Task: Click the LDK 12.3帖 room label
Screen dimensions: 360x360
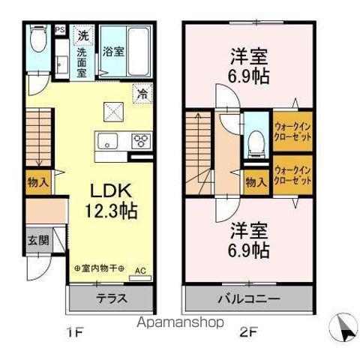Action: pos(114,201)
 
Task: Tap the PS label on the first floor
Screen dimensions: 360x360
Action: pos(59,31)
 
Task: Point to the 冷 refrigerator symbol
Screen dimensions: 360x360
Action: pos(141,94)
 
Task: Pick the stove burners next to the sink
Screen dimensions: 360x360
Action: pos(140,140)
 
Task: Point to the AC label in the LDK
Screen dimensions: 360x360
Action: pos(139,270)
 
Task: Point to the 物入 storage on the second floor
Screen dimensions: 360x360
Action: pos(256,181)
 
